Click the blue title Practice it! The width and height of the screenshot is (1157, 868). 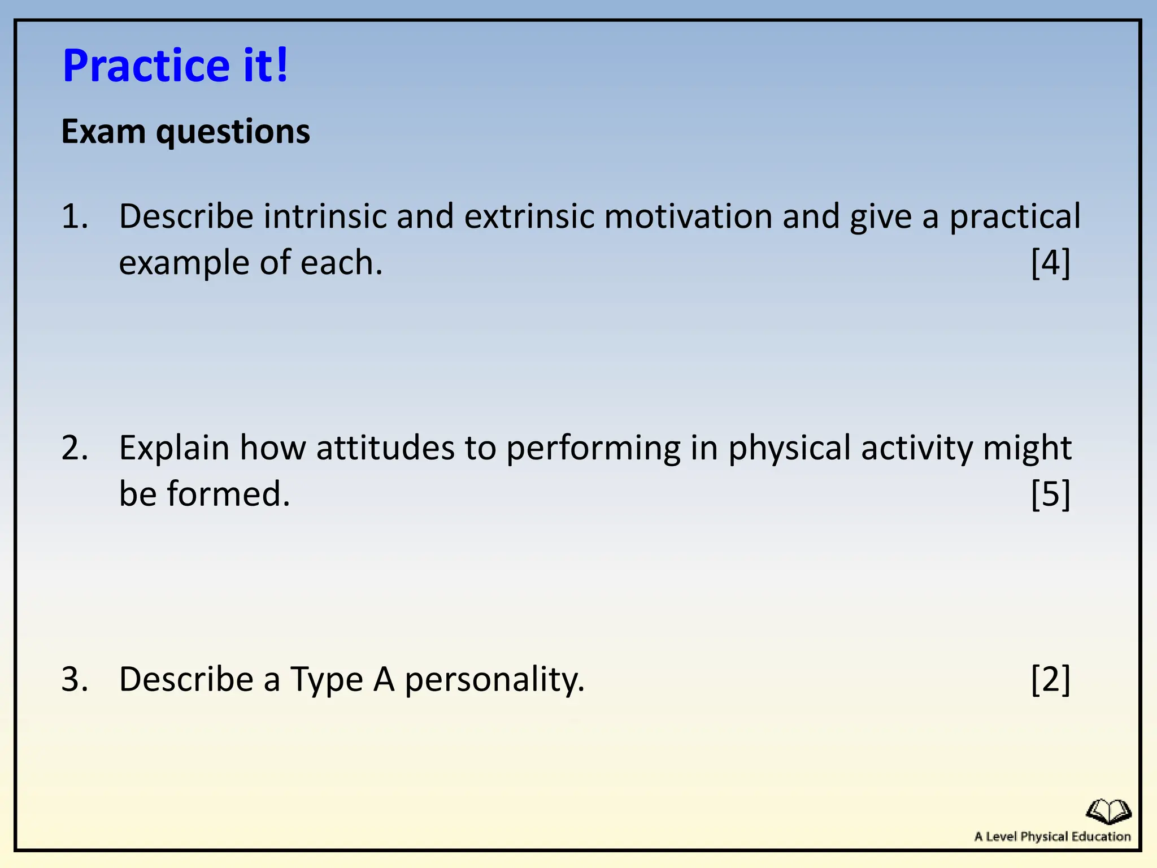point(175,66)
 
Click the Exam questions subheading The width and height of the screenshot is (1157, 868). point(185,132)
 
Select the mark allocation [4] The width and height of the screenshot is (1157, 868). point(1050,263)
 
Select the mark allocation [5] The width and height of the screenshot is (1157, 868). point(1050,494)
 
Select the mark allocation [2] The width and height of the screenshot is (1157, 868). point(1050,679)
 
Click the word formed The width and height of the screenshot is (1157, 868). point(228,494)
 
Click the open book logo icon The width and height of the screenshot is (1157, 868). point(1108,811)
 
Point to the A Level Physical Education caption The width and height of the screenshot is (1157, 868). point(1052,837)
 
